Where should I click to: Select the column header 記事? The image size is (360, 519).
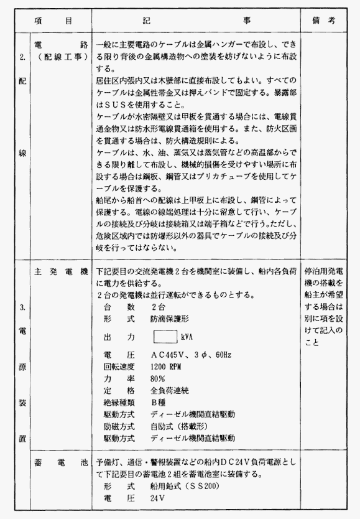(196, 20)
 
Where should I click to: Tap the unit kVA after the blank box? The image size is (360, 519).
(188, 337)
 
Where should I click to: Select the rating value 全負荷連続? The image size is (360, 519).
(169, 390)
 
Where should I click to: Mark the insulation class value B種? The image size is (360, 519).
(158, 402)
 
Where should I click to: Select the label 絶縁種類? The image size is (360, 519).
(119, 402)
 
